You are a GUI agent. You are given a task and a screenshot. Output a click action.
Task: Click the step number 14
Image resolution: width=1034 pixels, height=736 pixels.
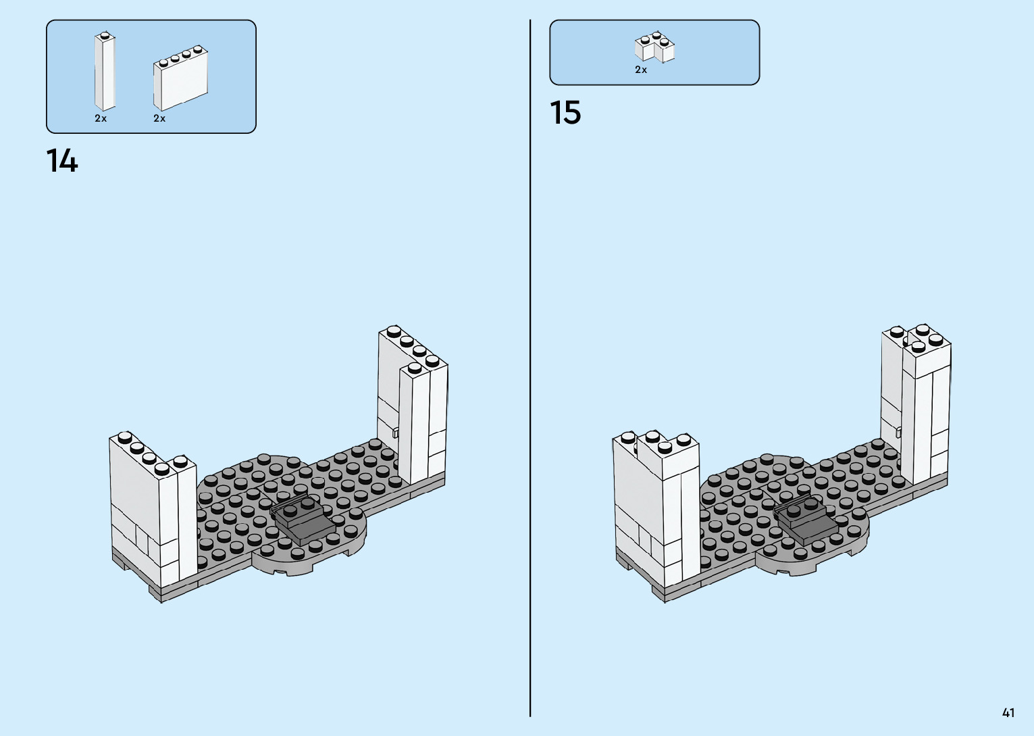click(62, 162)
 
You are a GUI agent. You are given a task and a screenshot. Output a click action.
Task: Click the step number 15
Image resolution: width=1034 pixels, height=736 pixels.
click(565, 113)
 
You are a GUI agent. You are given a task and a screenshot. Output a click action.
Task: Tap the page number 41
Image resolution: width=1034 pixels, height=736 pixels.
click(1008, 712)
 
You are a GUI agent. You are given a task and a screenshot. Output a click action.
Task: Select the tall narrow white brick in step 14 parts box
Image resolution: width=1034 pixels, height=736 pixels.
click(104, 71)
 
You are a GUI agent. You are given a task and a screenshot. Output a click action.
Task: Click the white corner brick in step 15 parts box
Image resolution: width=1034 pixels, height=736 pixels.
click(654, 47)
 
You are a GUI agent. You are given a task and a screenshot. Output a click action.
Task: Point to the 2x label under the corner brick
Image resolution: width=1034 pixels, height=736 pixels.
click(641, 70)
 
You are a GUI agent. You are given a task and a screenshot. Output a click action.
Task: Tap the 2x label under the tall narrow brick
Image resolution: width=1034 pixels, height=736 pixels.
click(101, 118)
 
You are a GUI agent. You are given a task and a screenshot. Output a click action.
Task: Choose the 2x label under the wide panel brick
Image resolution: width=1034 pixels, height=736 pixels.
click(159, 118)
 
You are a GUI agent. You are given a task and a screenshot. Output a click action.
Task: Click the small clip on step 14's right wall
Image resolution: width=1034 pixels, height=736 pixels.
click(396, 433)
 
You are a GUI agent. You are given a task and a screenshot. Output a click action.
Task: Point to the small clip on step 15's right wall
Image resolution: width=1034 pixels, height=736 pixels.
click(899, 432)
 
